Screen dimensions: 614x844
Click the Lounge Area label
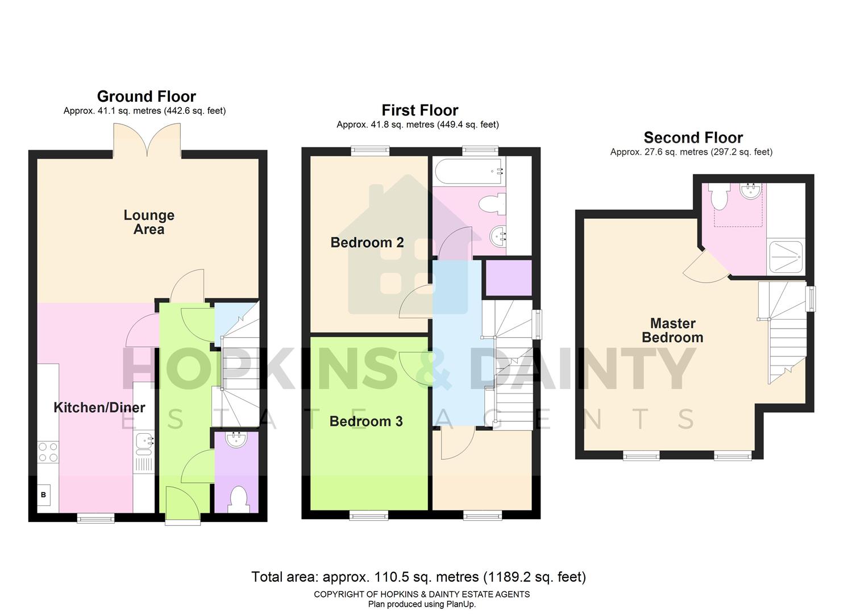149,222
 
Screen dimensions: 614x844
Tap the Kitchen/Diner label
99,408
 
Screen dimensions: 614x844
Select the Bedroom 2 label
367,243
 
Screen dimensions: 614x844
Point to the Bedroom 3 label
366,421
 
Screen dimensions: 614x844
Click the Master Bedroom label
672,330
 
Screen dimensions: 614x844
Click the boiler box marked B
44,495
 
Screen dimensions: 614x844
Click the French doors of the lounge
147,141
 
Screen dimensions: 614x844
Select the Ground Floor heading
146,97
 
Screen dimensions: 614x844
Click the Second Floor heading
693,138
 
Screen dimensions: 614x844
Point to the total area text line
418,577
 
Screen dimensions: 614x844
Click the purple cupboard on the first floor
509,278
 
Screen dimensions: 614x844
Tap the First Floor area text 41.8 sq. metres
417,125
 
